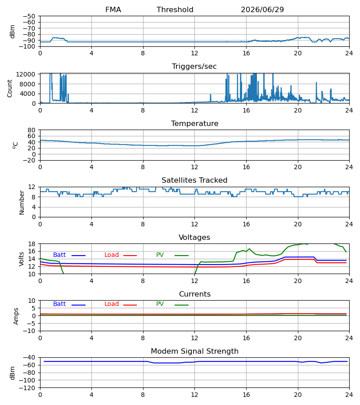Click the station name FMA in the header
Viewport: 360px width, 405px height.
pyautogui.click(x=113, y=10)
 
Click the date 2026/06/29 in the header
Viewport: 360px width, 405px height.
pyautogui.click(x=262, y=10)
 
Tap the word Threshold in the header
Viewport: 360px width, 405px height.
pyautogui.click(x=175, y=10)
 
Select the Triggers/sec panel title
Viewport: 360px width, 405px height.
pyautogui.click(x=194, y=67)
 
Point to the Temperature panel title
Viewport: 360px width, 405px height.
pyautogui.click(x=194, y=123)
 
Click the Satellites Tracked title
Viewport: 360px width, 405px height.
pyautogui.click(x=194, y=180)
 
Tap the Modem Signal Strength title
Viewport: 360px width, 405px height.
pyautogui.click(x=194, y=351)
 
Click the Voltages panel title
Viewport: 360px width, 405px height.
pyautogui.click(x=194, y=237)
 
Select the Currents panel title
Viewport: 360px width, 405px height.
pyautogui.click(x=195, y=294)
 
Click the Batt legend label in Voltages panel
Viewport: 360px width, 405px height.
pyautogui.click(x=59, y=255)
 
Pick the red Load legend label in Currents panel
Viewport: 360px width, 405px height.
pyautogui.click(x=112, y=304)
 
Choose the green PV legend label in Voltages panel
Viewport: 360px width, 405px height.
pyautogui.click(x=160, y=255)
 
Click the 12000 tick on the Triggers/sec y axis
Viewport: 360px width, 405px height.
pyautogui.click(x=26, y=74)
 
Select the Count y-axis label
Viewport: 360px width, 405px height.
pyautogui.click(x=9, y=88)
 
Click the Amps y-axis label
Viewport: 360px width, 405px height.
pyautogui.click(x=16, y=316)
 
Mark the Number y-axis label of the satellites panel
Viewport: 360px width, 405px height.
pyautogui.click(x=22, y=202)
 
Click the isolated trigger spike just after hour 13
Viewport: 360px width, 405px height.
pyautogui.click(x=211, y=98)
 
